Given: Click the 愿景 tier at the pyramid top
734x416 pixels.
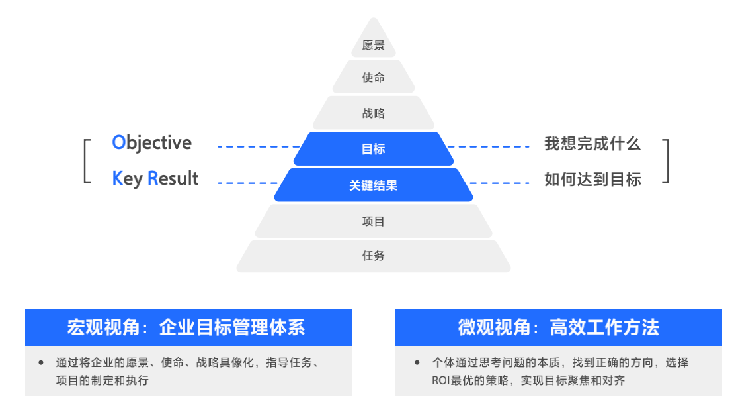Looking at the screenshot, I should pos(374,46).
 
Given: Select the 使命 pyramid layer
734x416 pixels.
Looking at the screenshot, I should pos(374,78).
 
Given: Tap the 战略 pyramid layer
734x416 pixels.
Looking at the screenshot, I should pos(374,113).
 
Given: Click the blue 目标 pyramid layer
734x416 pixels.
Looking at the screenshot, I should pos(374,149).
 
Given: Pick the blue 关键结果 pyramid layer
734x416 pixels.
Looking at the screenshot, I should pos(374,185).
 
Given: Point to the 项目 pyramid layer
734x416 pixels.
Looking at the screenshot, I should pos(374,221).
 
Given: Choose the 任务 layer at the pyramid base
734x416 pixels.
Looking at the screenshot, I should pos(374,256).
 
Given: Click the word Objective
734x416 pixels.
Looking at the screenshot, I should pos(152,143).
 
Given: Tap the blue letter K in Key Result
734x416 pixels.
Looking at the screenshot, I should pos(118,178).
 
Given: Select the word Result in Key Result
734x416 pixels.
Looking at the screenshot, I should pos(173,178).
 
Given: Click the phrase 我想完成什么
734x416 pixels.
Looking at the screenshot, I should pos(592,144).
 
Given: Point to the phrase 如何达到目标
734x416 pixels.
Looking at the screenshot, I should pos(592,179).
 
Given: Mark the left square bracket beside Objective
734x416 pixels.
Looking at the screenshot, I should pos(86,160).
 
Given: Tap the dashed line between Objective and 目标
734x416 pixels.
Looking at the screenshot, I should pos(258,146).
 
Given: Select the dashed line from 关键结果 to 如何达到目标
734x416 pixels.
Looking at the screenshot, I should pos(499,182).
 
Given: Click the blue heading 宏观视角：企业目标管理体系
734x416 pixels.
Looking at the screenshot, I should pos(188,327).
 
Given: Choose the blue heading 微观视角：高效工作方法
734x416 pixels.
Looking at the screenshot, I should pos(558,327).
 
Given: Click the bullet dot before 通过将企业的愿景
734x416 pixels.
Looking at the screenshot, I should pos(41,362).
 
